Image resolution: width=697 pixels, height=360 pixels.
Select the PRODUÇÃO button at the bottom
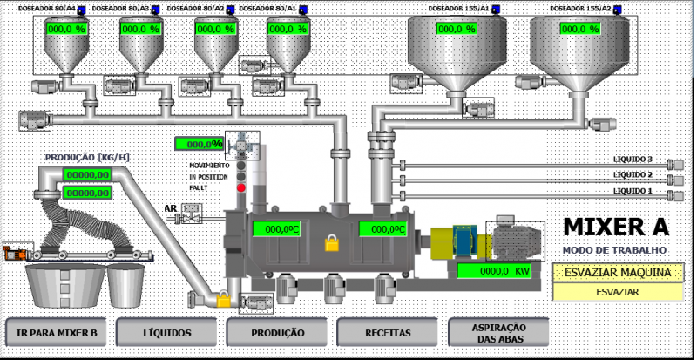(x=277, y=332)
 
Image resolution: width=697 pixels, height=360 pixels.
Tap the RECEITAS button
(x=388, y=332)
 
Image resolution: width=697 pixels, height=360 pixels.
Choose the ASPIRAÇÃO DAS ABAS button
(x=499, y=331)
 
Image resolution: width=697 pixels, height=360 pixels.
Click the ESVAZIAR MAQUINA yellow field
(x=618, y=272)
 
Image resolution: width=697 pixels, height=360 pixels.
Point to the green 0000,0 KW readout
(x=495, y=271)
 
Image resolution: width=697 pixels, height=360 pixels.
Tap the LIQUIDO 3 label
(x=633, y=160)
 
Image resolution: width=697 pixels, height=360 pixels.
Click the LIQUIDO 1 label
(x=633, y=190)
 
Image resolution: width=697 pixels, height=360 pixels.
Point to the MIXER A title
(x=616, y=227)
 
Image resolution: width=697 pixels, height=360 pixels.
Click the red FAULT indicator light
(x=241, y=187)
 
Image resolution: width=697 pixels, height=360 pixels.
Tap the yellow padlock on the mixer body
(x=331, y=243)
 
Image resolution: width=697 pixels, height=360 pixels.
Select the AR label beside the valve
(x=170, y=207)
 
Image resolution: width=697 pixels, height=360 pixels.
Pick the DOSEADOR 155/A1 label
(x=457, y=9)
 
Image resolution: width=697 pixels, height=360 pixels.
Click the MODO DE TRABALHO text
(x=615, y=250)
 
